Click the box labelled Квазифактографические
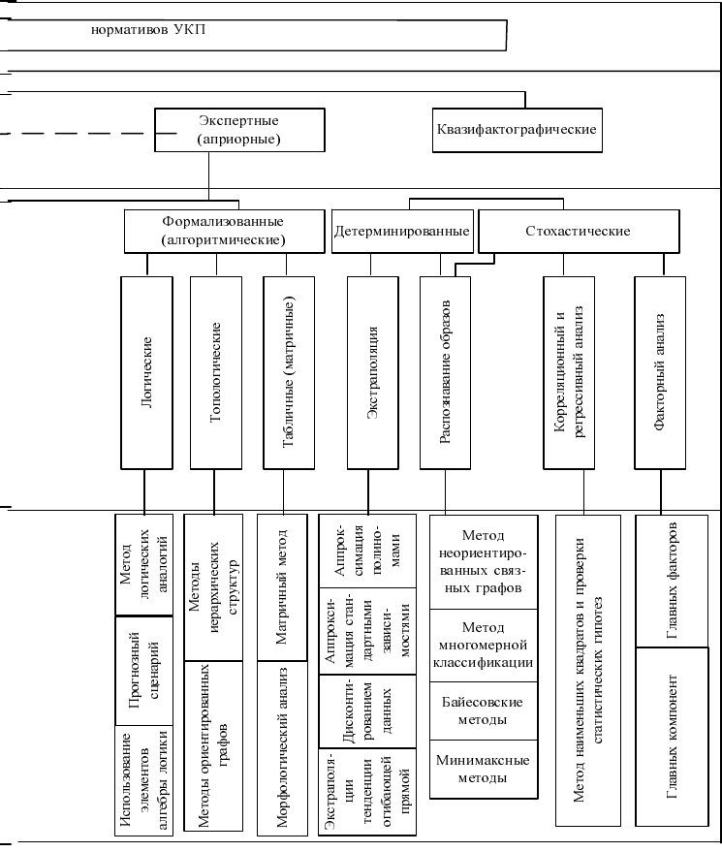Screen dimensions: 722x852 [518, 130]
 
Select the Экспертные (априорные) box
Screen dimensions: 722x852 [239, 130]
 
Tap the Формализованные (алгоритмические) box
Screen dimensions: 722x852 [225, 232]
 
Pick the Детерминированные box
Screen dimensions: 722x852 [402, 232]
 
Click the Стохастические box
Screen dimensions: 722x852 [579, 232]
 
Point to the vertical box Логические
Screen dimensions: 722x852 [146, 373]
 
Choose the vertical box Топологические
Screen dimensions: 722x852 [216, 373]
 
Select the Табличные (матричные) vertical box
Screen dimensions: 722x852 [289, 373]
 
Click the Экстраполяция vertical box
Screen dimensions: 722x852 [373, 373]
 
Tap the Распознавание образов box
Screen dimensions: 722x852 [445, 373]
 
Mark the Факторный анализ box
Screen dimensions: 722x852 [660, 373]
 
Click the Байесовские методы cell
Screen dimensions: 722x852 [484, 710]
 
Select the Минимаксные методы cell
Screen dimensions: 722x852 [484, 769]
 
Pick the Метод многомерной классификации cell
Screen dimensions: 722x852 [484, 645]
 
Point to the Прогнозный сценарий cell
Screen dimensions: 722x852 [144, 671]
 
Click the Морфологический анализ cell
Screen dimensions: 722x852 [282, 747]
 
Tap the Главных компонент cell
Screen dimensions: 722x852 [672, 737]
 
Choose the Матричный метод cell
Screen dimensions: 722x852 [282, 587]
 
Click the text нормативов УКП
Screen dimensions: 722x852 [148, 29]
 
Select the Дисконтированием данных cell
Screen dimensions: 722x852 [367, 711]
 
